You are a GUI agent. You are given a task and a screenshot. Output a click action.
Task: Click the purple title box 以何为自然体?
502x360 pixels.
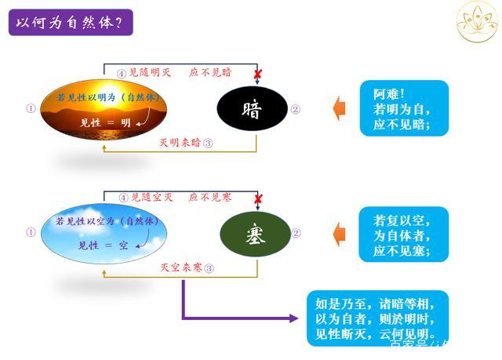pos(70,22)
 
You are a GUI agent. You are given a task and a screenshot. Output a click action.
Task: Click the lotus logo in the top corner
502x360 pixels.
pos(477,21)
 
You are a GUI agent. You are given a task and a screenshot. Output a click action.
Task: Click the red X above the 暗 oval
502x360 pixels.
pos(257,74)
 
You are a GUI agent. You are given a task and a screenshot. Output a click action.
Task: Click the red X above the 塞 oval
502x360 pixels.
pos(257,199)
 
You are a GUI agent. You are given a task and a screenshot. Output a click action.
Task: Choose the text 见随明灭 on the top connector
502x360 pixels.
pos(150,72)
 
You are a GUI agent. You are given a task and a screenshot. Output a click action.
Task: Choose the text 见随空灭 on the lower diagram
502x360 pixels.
pos(150,198)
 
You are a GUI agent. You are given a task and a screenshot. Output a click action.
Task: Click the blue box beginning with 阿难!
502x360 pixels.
pos(404,108)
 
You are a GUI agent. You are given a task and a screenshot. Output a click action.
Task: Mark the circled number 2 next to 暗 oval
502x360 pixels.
pos(295,109)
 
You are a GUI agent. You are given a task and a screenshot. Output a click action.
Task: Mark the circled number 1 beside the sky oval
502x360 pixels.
pos(31,232)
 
